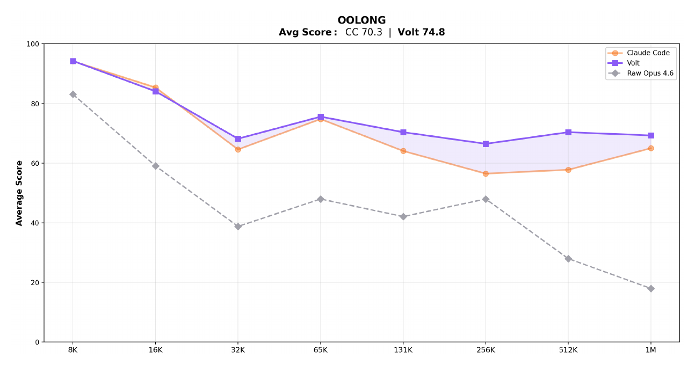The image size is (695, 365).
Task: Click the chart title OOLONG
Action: pos(361,20)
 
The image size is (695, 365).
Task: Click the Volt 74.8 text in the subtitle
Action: pos(421,32)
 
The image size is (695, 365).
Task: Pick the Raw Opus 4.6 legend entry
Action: pos(650,74)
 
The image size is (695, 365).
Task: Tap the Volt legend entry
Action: pos(633,63)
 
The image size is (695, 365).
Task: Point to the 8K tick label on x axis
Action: pos(73,349)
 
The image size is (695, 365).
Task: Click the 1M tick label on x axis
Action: pos(650,349)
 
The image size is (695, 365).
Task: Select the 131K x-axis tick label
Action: pos(403,349)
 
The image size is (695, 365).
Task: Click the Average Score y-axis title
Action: pos(19,193)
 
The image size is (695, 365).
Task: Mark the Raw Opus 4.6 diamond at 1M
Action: pos(650,288)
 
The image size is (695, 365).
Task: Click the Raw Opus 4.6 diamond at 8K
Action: pos(73,94)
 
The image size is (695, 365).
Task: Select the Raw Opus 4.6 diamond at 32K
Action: pos(238,227)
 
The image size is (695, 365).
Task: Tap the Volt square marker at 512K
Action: pos(568,132)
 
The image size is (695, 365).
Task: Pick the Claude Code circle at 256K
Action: pos(486,173)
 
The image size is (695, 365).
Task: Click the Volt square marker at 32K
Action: pos(238,139)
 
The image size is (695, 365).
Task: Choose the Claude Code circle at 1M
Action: pos(650,148)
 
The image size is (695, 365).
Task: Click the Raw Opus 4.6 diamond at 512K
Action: pos(568,259)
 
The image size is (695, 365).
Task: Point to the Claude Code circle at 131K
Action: pos(403,151)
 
